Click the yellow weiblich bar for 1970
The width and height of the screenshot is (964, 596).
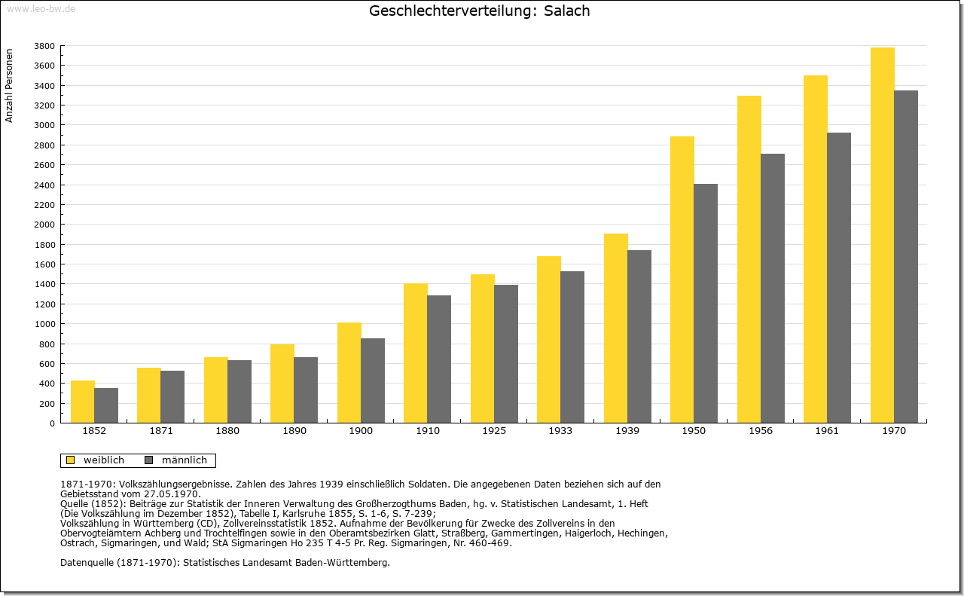[882, 235]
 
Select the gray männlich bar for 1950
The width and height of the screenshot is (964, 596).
[706, 304]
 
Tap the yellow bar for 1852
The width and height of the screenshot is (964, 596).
[83, 402]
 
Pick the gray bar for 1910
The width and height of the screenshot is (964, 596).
[439, 359]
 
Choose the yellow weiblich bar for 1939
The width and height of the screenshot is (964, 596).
[616, 329]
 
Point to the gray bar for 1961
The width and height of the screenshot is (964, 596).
[839, 278]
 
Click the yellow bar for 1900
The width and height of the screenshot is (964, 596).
[349, 373]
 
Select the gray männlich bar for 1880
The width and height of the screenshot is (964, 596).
[239, 392]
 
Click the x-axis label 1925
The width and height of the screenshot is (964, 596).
[494, 431]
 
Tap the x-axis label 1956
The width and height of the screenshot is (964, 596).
[761, 431]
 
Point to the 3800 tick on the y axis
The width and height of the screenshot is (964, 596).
[44, 46]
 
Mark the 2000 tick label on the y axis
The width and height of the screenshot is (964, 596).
[44, 225]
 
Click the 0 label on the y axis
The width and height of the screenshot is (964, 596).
[52, 423]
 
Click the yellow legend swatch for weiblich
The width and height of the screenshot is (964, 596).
[70, 460]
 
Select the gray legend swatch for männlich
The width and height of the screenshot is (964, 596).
[149, 460]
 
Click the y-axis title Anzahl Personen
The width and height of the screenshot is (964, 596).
[9, 86]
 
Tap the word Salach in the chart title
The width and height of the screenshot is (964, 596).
[567, 11]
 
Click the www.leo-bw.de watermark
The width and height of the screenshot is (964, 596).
[41, 8]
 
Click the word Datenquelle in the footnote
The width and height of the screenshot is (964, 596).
[87, 563]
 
